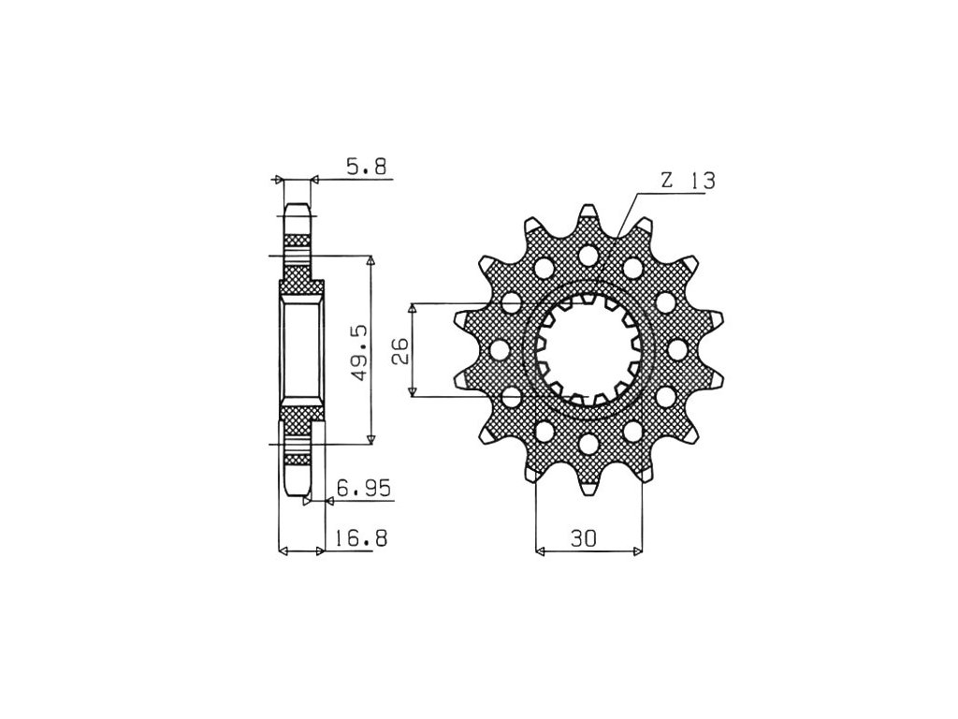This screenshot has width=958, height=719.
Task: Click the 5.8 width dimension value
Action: click(366, 167)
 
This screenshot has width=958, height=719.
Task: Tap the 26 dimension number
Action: click(400, 351)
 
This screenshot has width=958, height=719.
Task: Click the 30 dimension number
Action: click(584, 538)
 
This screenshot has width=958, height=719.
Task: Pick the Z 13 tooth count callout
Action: click(688, 181)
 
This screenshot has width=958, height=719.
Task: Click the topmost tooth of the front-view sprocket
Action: click(588, 215)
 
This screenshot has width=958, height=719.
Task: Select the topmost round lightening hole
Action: click(588, 255)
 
